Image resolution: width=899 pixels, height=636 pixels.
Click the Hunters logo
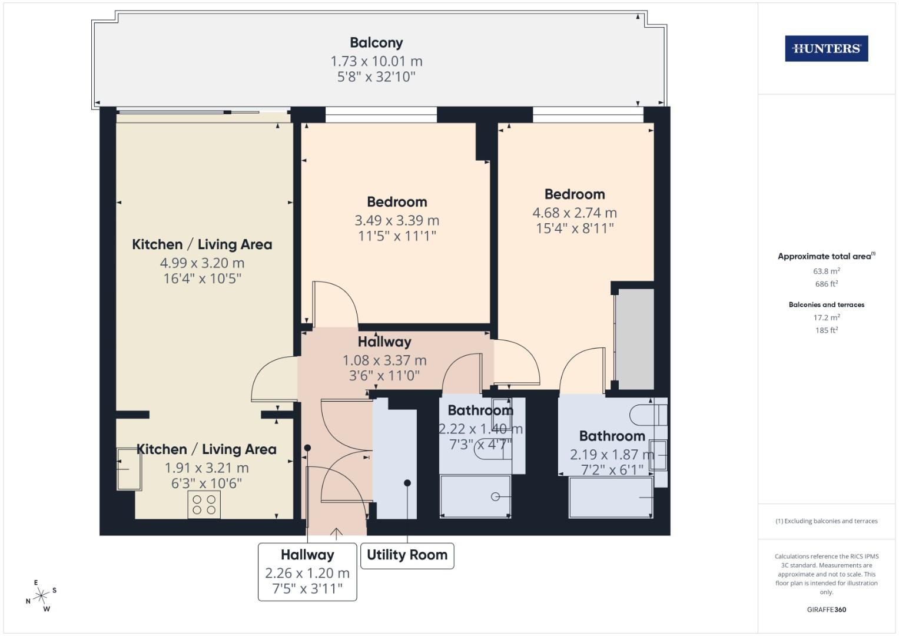click(826, 49)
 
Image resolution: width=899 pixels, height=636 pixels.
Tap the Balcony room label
click(376, 43)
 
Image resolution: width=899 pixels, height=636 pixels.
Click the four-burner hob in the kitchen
click(204, 505)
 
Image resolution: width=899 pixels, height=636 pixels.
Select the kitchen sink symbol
click(129, 469)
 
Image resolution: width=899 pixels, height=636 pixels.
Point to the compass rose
click(41, 597)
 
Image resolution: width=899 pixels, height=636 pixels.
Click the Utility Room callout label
click(407, 555)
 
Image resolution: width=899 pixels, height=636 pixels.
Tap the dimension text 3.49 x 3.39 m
click(397, 221)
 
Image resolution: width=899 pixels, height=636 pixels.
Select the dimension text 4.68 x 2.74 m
click(575, 213)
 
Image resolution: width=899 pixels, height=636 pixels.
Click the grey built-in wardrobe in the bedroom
click(635, 339)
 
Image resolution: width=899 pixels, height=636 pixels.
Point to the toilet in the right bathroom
click(649, 415)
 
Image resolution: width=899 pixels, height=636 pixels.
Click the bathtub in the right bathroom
click(611, 498)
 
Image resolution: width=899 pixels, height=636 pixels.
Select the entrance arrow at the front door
click(336, 533)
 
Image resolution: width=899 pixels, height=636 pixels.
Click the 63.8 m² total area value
click(826, 271)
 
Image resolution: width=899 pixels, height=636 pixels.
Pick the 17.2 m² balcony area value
click(826, 317)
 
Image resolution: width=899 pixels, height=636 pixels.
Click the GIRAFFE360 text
click(826, 609)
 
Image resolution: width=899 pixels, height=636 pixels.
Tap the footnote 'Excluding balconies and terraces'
click(826, 521)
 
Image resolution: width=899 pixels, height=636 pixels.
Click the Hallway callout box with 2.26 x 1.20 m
click(307, 572)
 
